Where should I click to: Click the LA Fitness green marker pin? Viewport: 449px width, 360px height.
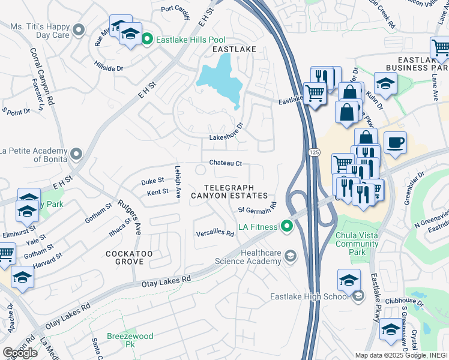coord(287,226)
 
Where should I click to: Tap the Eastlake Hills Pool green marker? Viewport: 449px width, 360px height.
coord(147,40)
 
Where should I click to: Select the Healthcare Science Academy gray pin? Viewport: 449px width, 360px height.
coord(291,257)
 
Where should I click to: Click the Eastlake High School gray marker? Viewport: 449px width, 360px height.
coord(358,296)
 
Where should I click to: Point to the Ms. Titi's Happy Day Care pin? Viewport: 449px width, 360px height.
coord(77,29)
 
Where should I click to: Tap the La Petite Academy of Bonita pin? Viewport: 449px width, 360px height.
coord(76,154)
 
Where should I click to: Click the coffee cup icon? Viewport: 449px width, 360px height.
coord(395,143)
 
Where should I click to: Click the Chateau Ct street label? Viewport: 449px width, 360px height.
coord(225,163)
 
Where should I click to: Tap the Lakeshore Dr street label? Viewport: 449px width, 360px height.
coord(226,137)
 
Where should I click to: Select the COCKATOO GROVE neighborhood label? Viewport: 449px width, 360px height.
coord(133,258)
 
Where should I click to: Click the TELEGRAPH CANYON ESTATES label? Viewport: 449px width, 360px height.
coord(229,191)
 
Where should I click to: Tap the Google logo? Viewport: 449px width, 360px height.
coord(20,353)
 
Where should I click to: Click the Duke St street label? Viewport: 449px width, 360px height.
coord(152,181)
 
